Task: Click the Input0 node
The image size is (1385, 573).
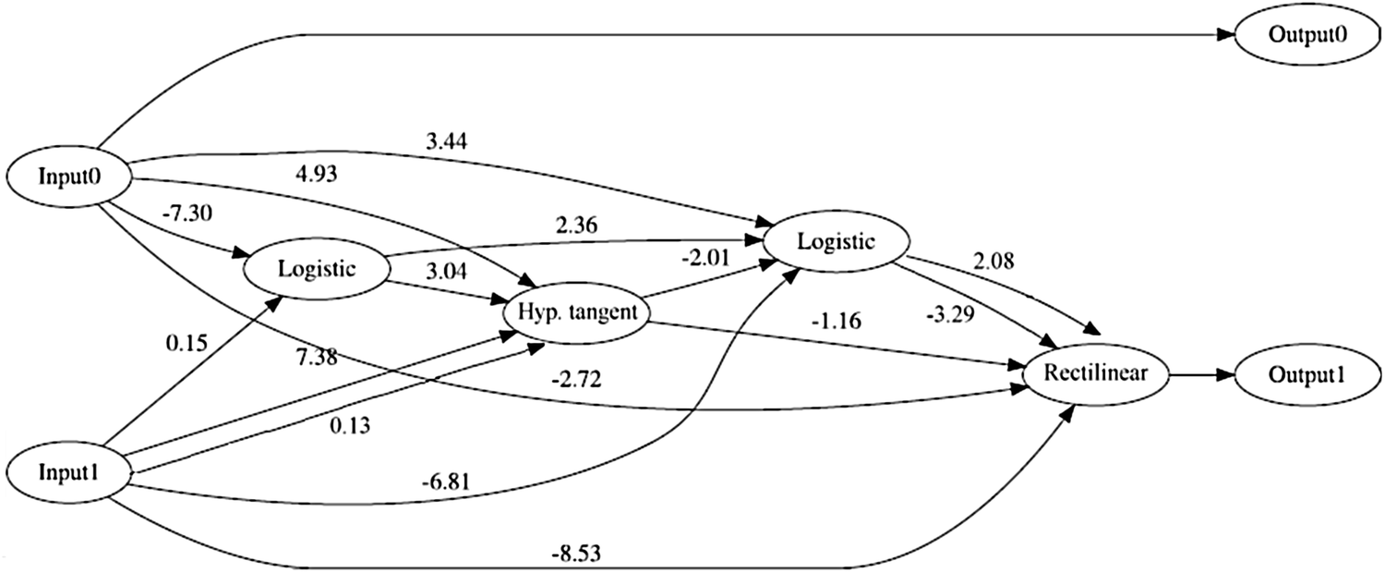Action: click(x=67, y=176)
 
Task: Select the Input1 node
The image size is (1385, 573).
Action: click(x=67, y=472)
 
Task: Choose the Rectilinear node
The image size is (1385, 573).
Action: click(x=1096, y=375)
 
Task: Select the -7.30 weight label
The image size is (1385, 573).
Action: click(x=181, y=213)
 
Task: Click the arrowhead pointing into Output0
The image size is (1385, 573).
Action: click(x=1225, y=35)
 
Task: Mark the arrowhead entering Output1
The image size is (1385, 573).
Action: click(x=1225, y=375)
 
